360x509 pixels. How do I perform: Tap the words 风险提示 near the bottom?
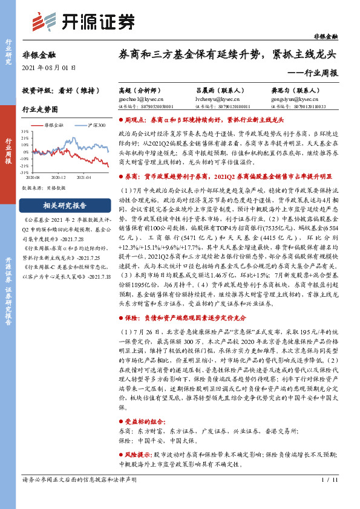pyautogui.click(x=137, y=453)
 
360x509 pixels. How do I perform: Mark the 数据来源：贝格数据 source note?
pyautogui.click(x=44, y=189)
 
